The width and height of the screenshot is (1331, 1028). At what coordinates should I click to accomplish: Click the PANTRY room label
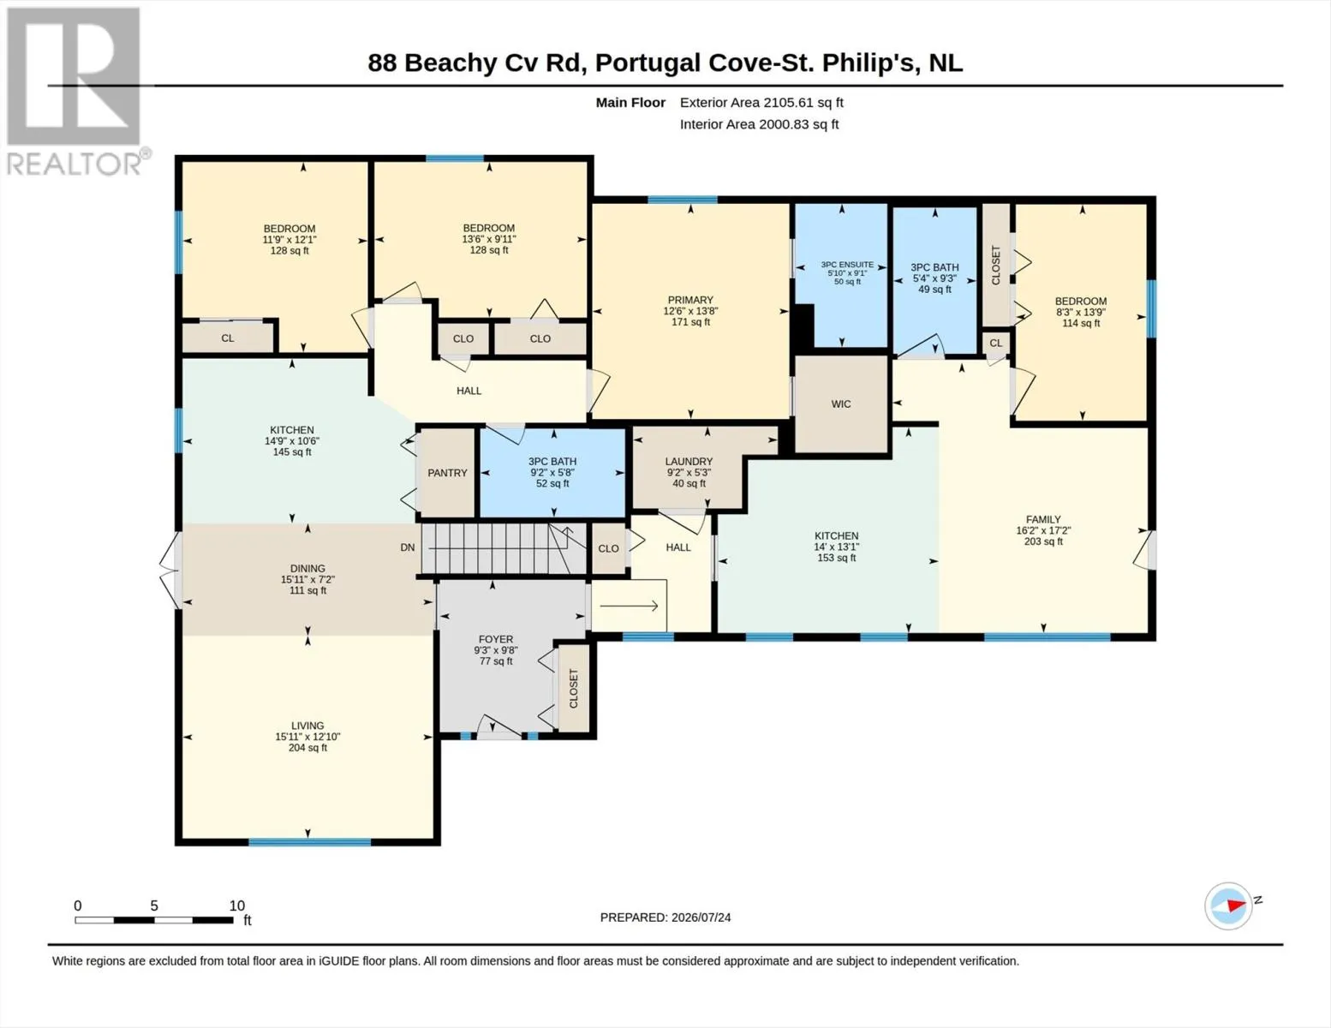pos(447,473)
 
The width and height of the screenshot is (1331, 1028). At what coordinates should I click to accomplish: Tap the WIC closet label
pos(841,403)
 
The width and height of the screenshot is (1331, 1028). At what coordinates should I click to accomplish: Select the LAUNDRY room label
pos(689,461)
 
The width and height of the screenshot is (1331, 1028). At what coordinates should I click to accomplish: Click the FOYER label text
pos(496,639)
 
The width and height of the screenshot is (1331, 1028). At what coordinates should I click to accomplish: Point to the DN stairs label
pos(408,547)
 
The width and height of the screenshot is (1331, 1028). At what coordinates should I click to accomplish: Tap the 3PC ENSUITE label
pos(847,265)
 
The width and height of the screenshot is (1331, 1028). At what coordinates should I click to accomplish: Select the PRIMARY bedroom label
pos(690,300)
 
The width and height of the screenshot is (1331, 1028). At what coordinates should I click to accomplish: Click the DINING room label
pos(307,569)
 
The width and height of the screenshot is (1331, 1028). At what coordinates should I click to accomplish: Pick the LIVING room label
pos(307,726)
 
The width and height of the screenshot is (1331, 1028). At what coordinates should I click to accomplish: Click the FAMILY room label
pos(1043,519)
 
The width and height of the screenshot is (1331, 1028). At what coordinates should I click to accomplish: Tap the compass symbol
pos(1228,906)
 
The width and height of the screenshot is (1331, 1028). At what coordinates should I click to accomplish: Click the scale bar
pos(154,920)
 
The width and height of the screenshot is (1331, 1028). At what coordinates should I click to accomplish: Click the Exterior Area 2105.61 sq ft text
pos(761,102)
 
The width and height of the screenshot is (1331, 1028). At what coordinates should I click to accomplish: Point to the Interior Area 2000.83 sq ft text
pos(759,124)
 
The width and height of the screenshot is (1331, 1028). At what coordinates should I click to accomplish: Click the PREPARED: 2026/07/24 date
pos(665,917)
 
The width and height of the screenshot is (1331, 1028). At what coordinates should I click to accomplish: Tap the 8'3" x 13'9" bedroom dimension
pos(1081,312)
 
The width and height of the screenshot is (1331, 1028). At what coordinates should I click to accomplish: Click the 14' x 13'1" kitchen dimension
pos(836,547)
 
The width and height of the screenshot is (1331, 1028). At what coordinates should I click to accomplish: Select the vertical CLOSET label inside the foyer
pos(574,689)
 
